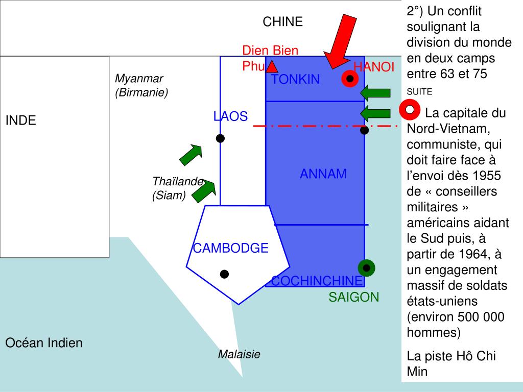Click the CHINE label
pos(282,22)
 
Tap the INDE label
pos(21,121)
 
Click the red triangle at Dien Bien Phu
pos(272,66)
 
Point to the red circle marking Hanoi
pos(350,79)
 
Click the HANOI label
pos(374,67)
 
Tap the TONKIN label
pos(295,80)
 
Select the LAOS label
pos(230,117)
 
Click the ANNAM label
pos(323,174)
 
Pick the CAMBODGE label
pos(230,248)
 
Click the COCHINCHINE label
pos(317,281)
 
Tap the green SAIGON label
pos(354,297)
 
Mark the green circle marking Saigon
pos(366,267)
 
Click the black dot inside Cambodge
pos(224,274)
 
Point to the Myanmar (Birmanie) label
pos(141,85)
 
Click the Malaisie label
pos(239,354)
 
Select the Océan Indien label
pos(43,343)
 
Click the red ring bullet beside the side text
pos(410,110)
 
